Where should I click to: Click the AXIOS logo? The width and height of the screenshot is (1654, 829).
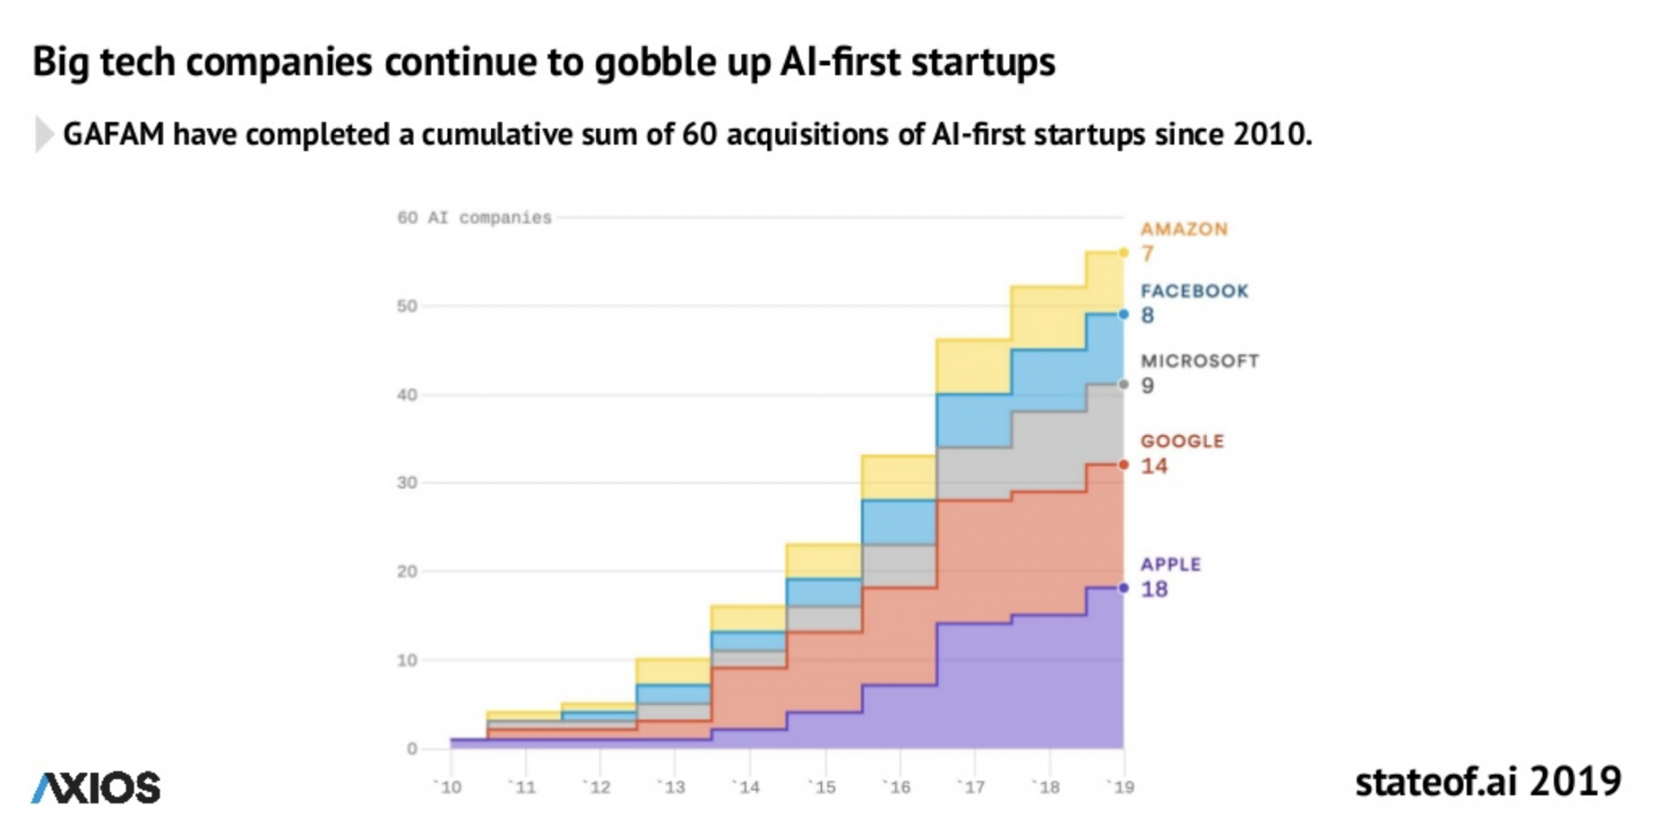(x=96, y=788)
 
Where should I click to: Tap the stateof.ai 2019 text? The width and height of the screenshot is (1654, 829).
(x=1488, y=781)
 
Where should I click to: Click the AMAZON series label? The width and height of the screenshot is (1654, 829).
(x=1184, y=229)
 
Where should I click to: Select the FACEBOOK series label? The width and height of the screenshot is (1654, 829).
(x=1194, y=291)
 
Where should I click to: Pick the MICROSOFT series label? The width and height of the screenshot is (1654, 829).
(x=1199, y=361)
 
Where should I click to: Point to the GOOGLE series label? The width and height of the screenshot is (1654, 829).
(x=1182, y=442)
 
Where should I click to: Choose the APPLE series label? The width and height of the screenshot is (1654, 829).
(x=1170, y=564)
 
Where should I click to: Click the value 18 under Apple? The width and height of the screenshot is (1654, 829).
(x=1154, y=589)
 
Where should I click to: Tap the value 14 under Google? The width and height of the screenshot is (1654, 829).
(x=1154, y=466)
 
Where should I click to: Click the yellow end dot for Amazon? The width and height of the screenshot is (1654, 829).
(x=1123, y=253)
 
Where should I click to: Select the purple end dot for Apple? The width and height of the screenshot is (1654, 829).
(x=1123, y=588)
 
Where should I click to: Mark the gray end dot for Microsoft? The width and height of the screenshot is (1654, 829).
(x=1123, y=384)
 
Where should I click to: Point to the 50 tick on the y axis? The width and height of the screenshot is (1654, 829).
(x=407, y=306)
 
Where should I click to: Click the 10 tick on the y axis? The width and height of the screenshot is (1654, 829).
(x=407, y=660)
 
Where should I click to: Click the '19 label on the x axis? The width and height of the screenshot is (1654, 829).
(x=1121, y=787)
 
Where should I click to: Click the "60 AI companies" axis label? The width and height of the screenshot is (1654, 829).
(x=474, y=218)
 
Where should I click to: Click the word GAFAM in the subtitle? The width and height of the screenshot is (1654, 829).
(x=113, y=135)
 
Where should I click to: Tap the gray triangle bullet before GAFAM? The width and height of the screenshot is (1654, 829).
(x=44, y=135)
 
